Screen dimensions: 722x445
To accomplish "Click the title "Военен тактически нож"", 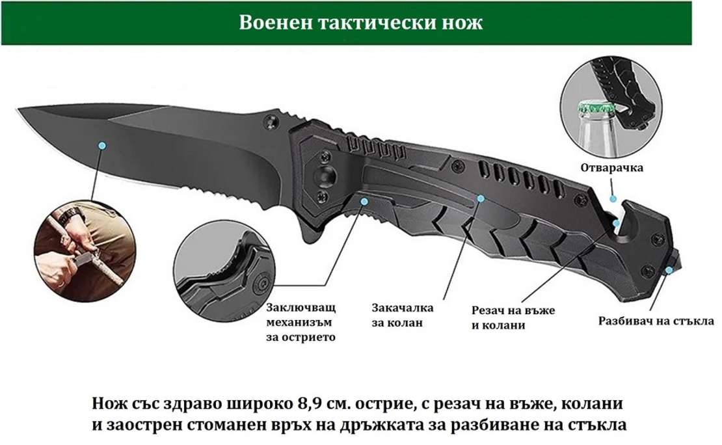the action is coord(360,23).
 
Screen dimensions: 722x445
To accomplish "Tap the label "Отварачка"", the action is coord(611,168).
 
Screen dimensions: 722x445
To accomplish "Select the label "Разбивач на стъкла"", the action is coord(656,321).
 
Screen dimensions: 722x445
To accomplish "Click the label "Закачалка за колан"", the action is coord(403,315).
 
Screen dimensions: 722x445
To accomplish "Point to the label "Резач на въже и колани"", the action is coord(513,318).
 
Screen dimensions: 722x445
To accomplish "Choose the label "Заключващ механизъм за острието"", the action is coord(301,322).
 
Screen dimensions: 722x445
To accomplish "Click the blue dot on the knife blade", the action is coord(102,146).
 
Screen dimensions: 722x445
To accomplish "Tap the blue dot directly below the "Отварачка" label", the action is coord(613,199).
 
